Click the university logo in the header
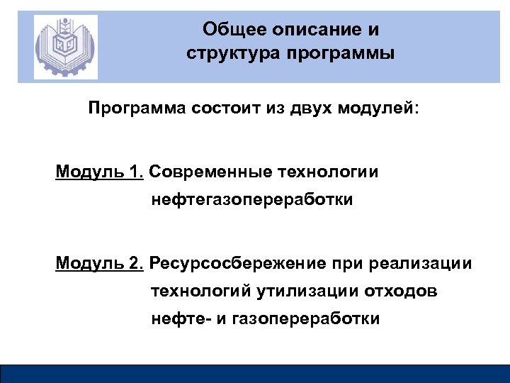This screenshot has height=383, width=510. click(66, 47)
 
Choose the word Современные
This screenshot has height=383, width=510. click(211, 172)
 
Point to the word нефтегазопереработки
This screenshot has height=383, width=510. click(251, 201)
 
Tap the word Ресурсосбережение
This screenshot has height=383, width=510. click(237, 264)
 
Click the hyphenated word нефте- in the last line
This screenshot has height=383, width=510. click(180, 319)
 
